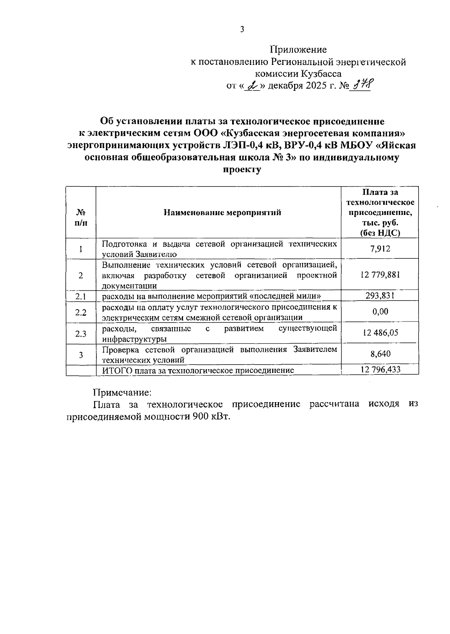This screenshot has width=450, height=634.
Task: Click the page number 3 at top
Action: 242,29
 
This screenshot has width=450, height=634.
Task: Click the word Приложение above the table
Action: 298,50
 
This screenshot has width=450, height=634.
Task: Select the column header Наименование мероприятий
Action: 222,213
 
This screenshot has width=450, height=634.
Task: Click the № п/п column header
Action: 81,218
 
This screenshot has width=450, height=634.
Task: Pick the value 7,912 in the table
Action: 380,248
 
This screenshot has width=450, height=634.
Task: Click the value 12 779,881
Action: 380,275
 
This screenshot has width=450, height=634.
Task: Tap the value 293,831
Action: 380,296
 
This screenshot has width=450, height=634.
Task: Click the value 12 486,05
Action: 380,333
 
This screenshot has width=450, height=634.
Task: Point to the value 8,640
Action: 380,354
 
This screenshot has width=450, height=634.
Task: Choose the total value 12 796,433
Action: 380,370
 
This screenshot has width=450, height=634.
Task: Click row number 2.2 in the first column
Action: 81,312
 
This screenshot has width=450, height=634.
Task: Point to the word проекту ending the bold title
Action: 242,169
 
